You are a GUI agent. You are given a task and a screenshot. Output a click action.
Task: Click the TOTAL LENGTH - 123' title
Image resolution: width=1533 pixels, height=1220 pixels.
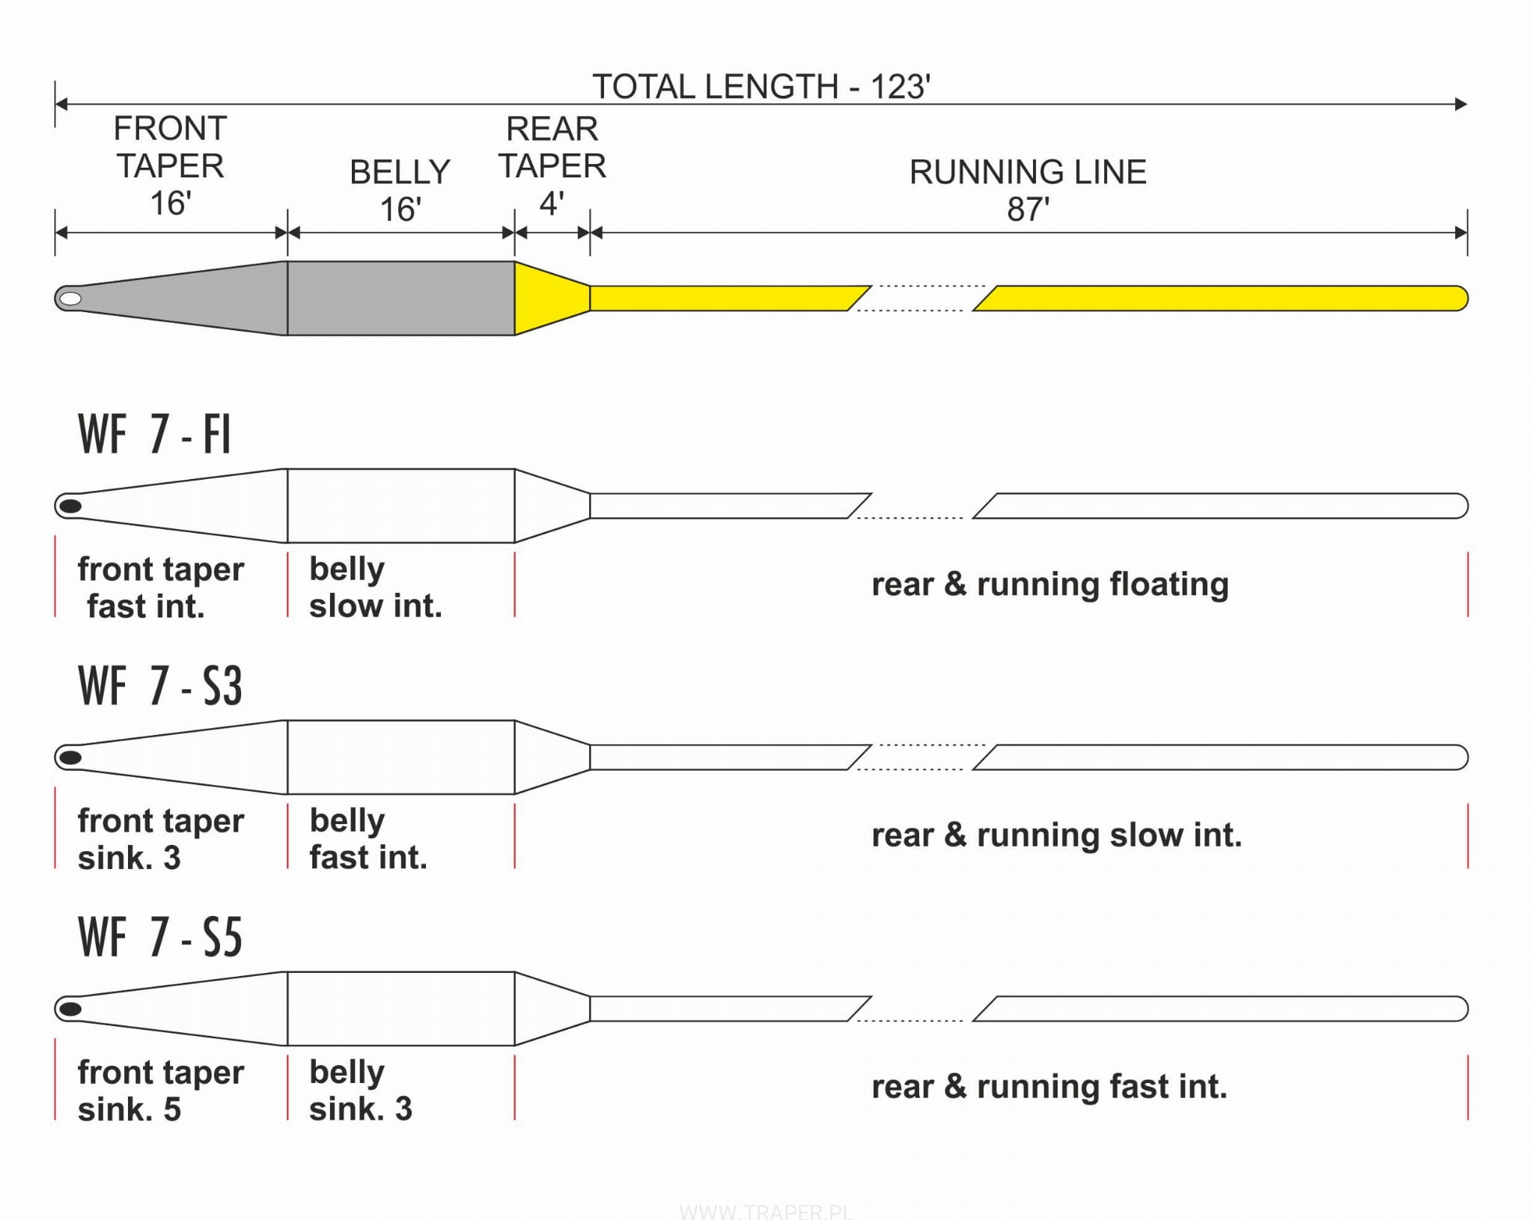761,87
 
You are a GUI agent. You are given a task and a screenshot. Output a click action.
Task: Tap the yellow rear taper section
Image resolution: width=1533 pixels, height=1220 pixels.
546,298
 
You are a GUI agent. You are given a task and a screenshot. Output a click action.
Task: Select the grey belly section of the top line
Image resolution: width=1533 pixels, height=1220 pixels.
400,298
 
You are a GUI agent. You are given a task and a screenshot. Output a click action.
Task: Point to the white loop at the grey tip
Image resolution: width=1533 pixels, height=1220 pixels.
70,299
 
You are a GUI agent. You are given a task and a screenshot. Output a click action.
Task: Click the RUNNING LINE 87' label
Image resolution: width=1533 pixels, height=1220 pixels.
1027,190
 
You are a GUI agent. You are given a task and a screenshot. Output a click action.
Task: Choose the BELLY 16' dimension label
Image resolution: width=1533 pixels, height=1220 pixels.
400,190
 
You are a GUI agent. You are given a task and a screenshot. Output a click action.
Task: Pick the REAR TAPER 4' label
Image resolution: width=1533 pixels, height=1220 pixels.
552,165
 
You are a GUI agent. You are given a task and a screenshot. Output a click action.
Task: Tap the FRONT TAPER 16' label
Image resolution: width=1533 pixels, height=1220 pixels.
170,165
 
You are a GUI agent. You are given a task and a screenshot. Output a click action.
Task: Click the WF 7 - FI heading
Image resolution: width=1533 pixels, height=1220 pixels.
154,434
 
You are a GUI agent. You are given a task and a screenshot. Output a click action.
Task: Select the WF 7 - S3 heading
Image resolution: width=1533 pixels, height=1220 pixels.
159,686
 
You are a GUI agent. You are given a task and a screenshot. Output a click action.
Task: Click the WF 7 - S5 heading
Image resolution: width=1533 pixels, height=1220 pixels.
159,937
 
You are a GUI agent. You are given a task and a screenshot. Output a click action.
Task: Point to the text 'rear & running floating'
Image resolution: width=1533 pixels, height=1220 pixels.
1049,585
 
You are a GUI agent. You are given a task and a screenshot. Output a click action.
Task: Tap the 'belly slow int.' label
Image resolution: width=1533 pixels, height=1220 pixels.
375,588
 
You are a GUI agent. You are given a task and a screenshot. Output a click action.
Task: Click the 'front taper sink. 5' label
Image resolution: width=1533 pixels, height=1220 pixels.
160,1090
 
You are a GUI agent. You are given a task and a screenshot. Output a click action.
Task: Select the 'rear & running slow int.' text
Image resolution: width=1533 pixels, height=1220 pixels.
1056,835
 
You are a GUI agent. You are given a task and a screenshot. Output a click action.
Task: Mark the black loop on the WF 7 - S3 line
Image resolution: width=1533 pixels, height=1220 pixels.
70,757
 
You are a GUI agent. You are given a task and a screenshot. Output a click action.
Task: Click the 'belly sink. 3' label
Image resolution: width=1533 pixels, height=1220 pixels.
360,1090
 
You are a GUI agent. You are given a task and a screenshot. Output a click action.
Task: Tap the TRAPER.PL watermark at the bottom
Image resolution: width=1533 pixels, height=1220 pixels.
766,1211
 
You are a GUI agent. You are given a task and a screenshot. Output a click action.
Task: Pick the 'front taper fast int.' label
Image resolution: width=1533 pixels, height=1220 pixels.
160,588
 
